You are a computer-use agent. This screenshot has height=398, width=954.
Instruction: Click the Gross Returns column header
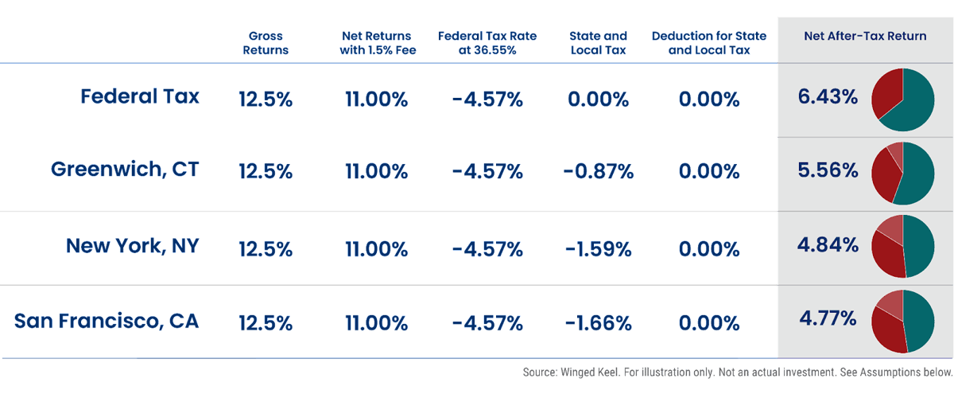coord(266,43)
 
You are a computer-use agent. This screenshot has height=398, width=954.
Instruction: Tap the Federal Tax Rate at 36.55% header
coord(487,43)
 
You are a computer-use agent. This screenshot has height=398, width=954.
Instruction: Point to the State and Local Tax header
coord(598,43)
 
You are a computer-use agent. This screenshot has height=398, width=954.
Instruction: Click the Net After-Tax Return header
coord(865,36)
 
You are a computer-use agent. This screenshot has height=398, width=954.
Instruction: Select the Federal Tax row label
coord(140,97)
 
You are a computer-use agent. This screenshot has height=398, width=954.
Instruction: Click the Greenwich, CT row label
coord(125,170)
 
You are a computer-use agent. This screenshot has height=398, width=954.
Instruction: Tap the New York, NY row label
coord(132,246)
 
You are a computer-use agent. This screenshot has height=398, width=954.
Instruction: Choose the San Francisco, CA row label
coord(107,322)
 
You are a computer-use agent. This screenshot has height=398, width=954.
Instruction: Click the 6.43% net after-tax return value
coord(828,97)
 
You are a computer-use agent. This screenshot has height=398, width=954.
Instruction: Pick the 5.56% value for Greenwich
coord(828,170)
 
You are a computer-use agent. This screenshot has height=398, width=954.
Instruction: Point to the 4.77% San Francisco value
coord(828,318)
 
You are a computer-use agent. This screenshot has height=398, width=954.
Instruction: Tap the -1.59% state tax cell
coord(598,248)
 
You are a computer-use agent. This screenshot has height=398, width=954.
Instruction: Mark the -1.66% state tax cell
coord(598,323)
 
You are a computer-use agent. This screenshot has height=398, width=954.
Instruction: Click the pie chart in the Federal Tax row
coord(903,99)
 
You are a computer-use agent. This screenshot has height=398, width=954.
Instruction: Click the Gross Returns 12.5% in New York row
coord(266,248)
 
